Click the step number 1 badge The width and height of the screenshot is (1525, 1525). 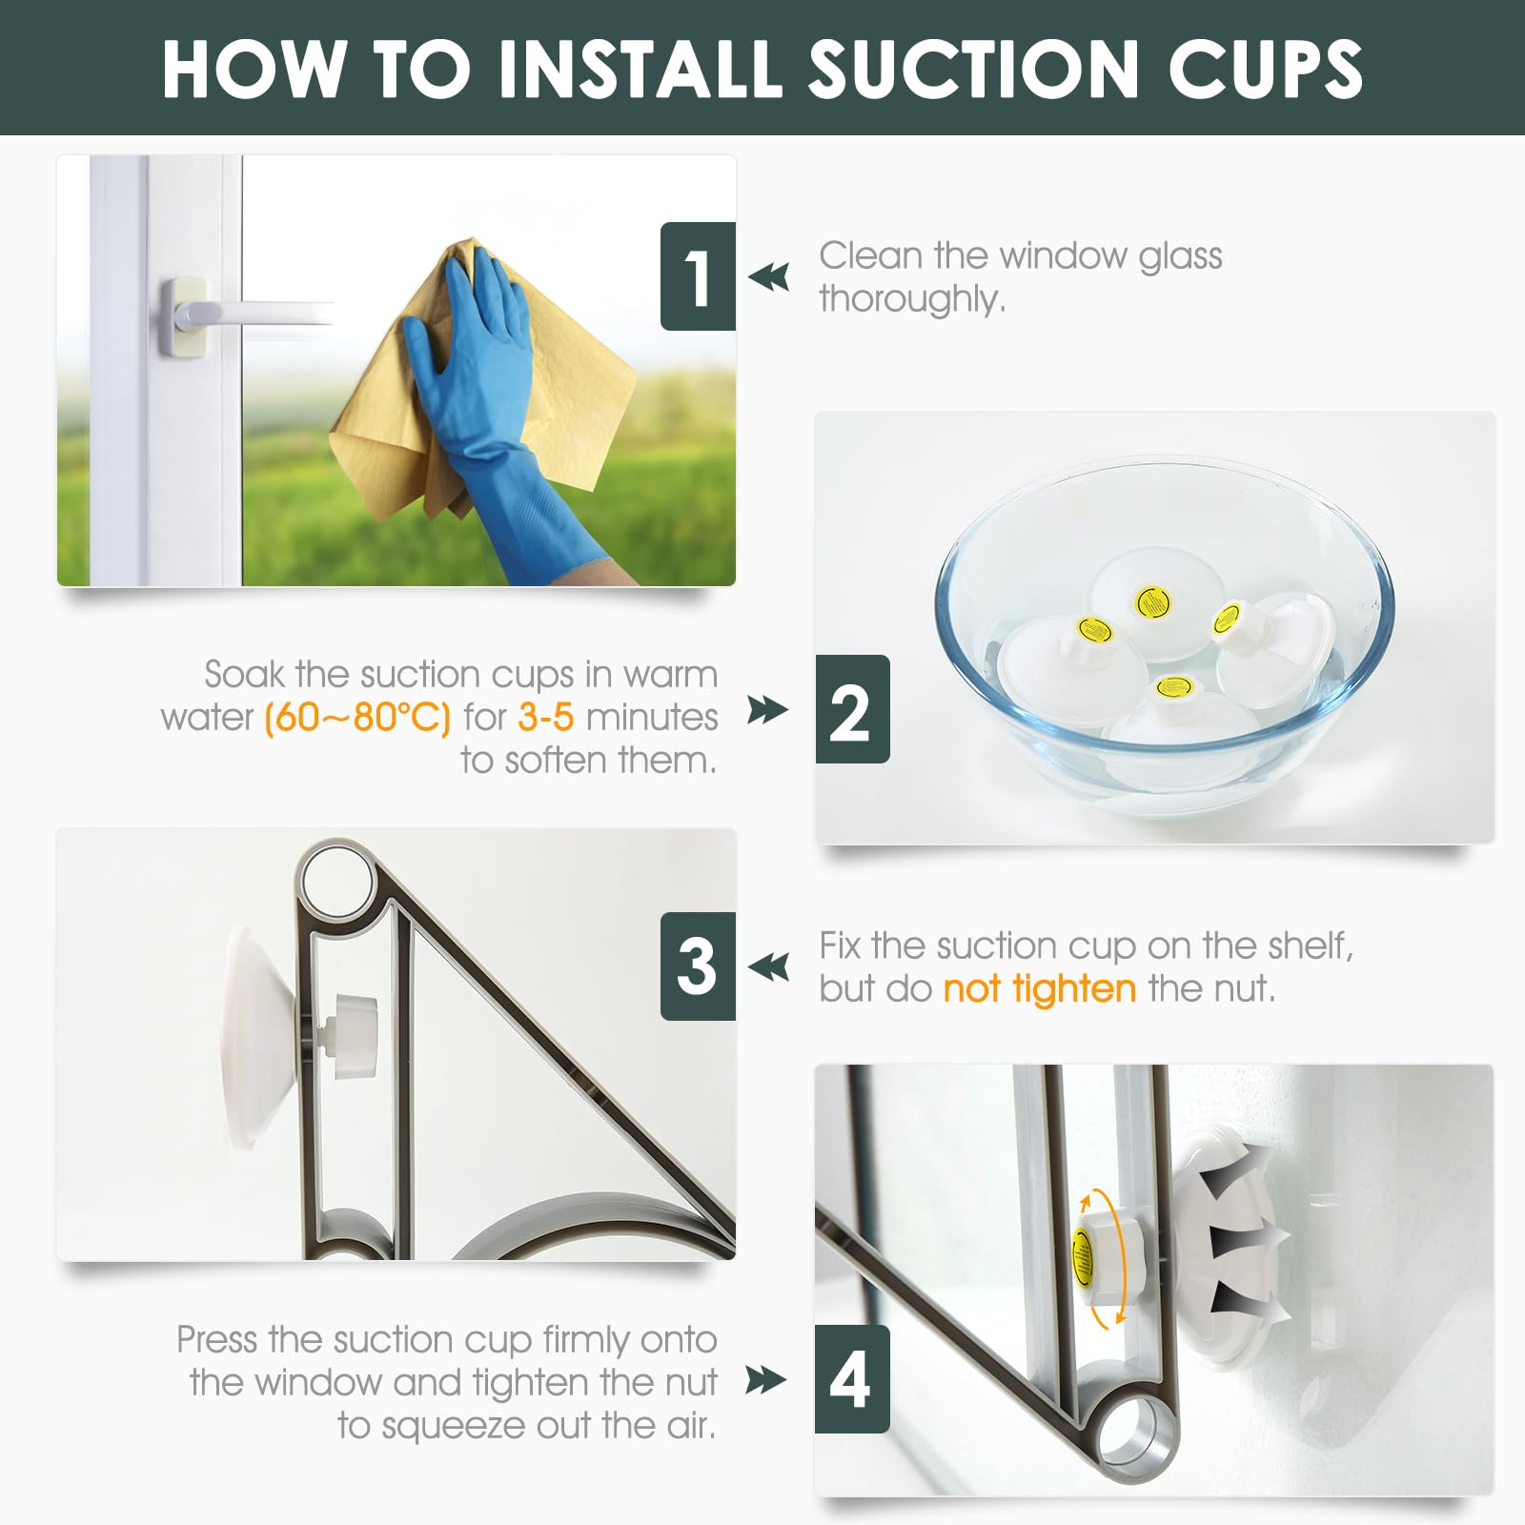click(698, 276)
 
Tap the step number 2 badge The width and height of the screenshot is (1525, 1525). click(852, 709)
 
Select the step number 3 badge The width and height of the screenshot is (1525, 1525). click(698, 966)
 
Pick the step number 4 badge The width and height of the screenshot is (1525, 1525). click(852, 1379)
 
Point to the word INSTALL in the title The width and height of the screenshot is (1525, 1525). click(638, 69)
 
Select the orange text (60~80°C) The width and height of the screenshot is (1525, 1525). click(356, 717)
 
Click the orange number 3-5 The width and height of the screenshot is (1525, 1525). click(546, 717)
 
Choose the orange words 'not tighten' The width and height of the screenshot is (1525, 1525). click(1040, 988)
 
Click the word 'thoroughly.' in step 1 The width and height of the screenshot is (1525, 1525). click(912, 299)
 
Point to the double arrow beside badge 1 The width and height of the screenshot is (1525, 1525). click(769, 277)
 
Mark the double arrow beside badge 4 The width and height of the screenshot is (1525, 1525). click(766, 1379)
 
